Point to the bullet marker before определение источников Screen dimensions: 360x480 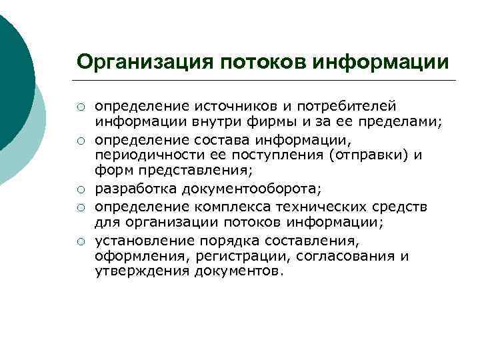click(80, 106)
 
